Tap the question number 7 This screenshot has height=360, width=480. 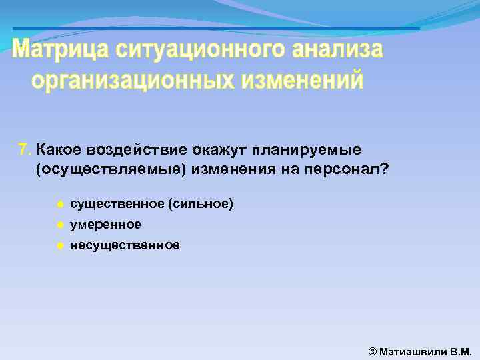24,149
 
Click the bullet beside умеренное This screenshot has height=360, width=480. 59,225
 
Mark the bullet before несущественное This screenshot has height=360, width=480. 59,245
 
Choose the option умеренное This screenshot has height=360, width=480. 105,225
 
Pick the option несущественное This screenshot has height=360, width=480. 125,245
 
